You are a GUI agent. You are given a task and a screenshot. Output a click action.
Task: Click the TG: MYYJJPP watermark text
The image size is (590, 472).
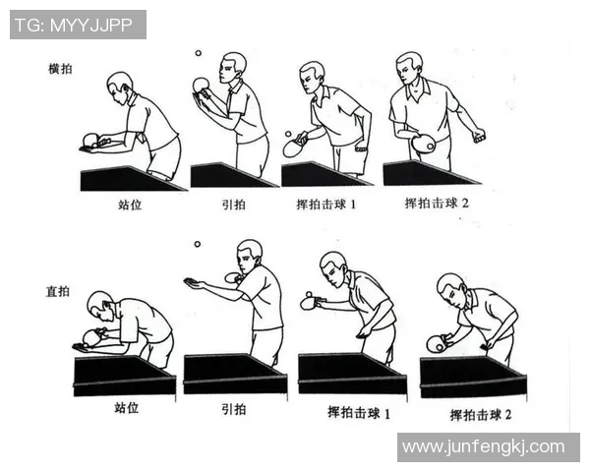(x=78, y=25)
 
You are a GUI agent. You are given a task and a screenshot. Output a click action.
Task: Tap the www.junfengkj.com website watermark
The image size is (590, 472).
(x=484, y=446)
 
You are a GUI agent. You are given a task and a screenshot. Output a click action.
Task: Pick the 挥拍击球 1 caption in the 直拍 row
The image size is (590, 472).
(x=358, y=413)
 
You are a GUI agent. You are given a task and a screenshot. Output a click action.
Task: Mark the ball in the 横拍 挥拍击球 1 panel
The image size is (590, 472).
(x=287, y=134)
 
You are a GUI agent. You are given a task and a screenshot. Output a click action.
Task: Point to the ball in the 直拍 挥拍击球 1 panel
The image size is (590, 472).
(x=308, y=293)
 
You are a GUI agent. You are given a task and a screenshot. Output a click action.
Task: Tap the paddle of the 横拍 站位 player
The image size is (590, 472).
(x=92, y=140)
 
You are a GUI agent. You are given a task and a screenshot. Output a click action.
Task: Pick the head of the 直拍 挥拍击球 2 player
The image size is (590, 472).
(x=449, y=287)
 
